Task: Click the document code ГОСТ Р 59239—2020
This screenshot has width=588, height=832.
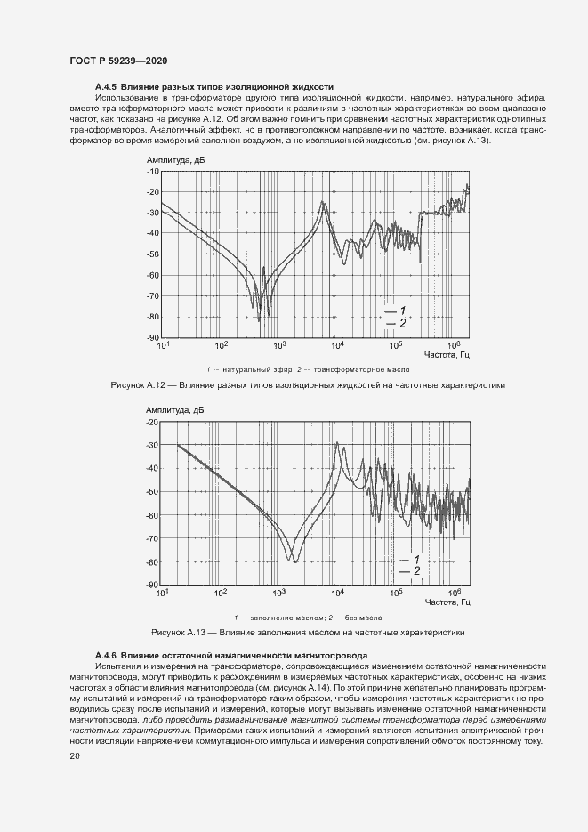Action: (117, 61)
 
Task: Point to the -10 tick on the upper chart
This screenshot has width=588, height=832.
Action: (152, 171)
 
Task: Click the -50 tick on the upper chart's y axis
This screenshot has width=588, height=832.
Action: (152, 254)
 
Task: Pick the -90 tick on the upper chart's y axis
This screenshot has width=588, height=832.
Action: (152, 338)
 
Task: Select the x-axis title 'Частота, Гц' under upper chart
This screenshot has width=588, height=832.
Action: (447, 355)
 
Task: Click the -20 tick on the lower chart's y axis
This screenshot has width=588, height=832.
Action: (152, 422)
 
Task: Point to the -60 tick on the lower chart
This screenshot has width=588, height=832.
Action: (152, 515)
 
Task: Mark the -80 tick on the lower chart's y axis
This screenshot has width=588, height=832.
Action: (152, 562)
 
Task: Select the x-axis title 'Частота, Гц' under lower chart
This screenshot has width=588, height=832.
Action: (447, 602)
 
